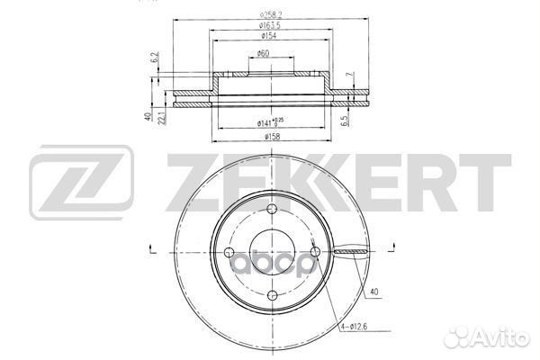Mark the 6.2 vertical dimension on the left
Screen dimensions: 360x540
(x=155, y=59)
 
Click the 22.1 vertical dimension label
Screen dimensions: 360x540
(x=162, y=117)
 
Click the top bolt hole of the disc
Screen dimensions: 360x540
(x=271, y=210)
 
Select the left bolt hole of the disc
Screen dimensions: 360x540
(x=229, y=251)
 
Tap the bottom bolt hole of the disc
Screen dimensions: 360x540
(x=271, y=293)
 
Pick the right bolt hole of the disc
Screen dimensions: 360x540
(x=312, y=251)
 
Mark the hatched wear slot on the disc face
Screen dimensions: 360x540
(x=346, y=252)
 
